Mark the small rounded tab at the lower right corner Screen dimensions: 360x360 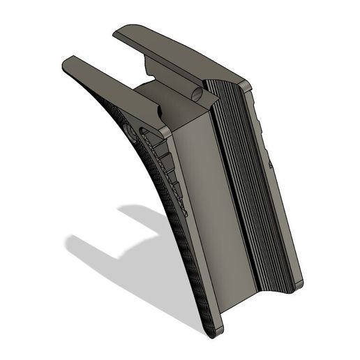point(298,284)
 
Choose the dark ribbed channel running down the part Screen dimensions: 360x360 point(244,188)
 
